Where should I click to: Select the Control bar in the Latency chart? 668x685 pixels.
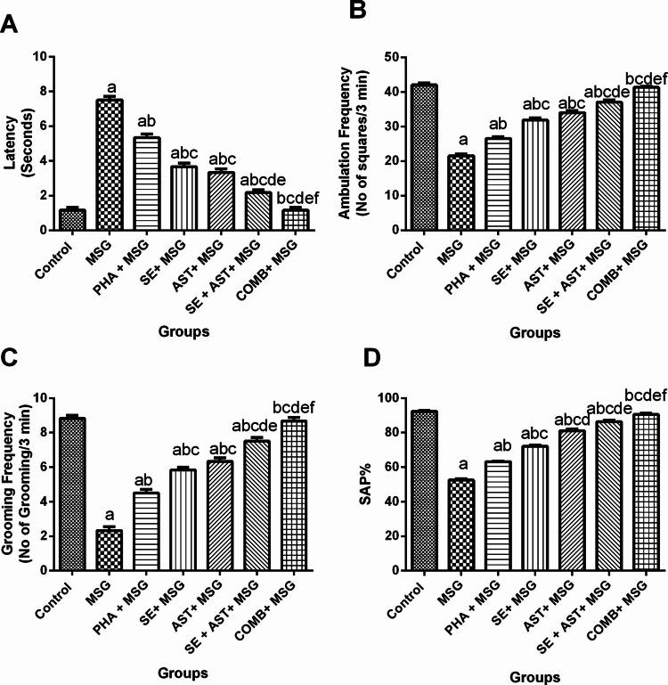click(x=72, y=219)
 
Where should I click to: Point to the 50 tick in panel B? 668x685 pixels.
click(x=390, y=57)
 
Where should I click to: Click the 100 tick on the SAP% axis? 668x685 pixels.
click(x=387, y=398)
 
